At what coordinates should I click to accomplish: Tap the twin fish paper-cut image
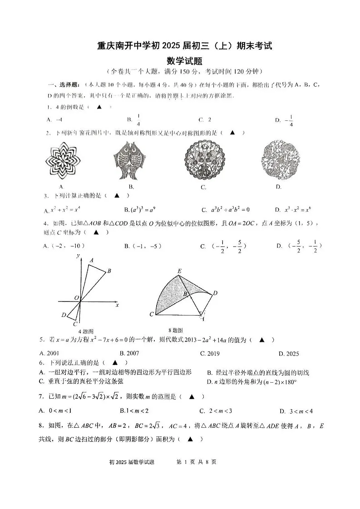pos(131,161)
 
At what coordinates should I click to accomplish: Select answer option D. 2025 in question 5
pos(289,353)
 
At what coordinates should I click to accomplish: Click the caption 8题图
pos(176,330)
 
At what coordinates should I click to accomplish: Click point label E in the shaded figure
pos(179,272)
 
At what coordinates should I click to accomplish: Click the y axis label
pos(78,257)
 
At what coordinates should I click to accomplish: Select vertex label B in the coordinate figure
pos(109,271)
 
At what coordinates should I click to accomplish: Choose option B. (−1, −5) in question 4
pos(143,246)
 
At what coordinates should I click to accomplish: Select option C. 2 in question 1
pos(205,120)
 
